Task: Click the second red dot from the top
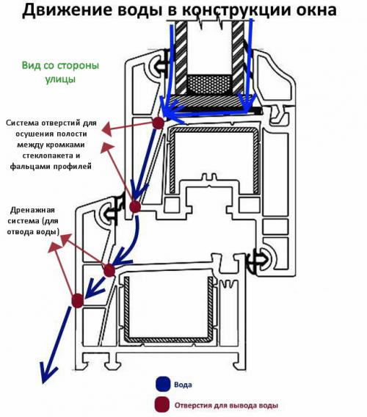135,207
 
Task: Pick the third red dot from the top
109,270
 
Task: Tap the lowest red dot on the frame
77,300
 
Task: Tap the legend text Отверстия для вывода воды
226,405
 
